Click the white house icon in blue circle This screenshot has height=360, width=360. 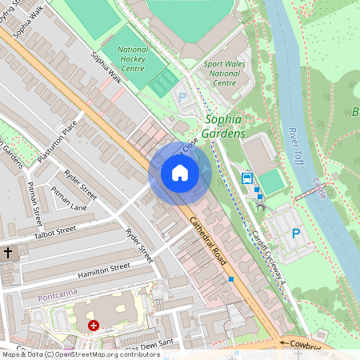[x=180, y=173]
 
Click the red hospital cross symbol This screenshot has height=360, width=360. [x=94, y=326]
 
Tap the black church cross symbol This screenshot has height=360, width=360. [x=8, y=253]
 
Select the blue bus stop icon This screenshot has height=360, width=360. [x=247, y=178]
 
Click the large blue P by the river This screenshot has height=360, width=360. [x=296, y=234]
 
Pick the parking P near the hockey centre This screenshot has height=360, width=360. [x=182, y=97]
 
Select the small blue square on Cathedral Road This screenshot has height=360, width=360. [x=231, y=278]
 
